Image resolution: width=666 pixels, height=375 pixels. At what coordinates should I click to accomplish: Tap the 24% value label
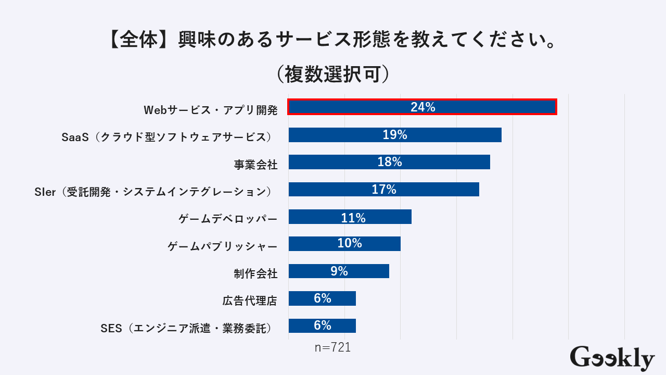click(x=422, y=107)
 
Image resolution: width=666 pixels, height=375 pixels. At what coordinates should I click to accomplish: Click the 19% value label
click(x=394, y=135)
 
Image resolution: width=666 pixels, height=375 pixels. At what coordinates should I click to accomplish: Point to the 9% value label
click(x=339, y=271)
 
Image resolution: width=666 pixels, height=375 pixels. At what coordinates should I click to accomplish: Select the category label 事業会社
click(x=255, y=165)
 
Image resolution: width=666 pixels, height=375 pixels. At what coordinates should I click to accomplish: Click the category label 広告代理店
click(x=249, y=301)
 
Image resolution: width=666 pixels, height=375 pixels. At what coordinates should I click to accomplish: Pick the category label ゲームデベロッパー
click(x=228, y=219)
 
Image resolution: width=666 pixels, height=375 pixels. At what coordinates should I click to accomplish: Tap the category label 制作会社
click(x=255, y=273)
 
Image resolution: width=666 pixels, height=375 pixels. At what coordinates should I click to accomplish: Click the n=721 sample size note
click(x=332, y=347)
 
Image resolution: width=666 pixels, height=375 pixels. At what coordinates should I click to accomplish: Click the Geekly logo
click(x=612, y=358)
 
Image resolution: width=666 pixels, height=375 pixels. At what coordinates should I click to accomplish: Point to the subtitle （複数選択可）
click(x=332, y=74)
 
